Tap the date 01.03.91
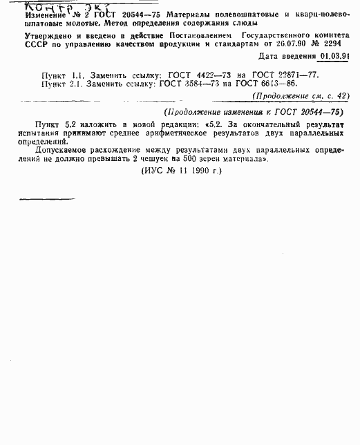334,57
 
